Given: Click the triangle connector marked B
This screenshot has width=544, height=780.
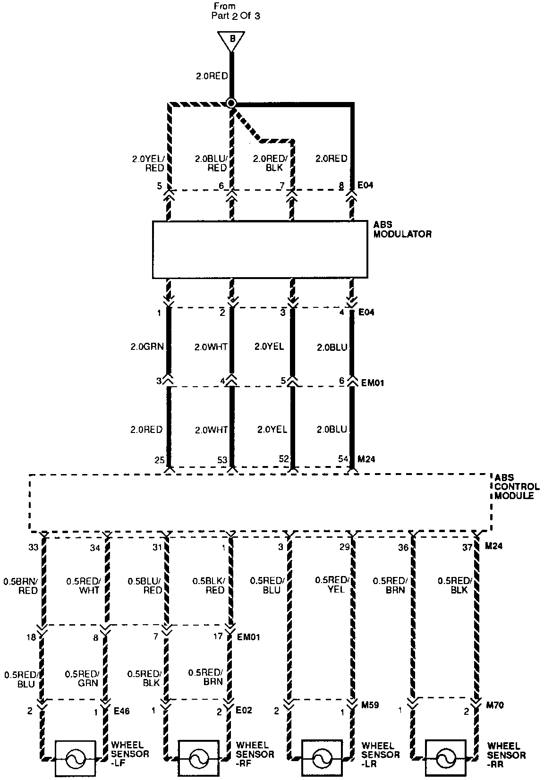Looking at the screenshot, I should pos(231,40).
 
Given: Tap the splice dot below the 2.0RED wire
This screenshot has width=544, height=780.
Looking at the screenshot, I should pos(231,103).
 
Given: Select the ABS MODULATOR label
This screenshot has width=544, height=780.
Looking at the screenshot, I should pos(402,229).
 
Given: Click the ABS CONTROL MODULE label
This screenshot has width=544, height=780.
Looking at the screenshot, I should pos(517,486).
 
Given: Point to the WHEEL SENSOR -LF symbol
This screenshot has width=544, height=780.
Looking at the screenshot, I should pos(76,759).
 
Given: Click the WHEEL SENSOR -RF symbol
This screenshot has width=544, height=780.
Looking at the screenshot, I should pos(198,759).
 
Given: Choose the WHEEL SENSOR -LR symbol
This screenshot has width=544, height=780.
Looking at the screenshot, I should pos(322,759).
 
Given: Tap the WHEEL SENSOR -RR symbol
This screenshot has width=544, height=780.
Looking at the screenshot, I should pos(445,759).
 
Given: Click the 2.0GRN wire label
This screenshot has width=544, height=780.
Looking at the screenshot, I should pos(147,347).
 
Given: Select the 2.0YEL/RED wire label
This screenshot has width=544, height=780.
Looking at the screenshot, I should pos(148,163).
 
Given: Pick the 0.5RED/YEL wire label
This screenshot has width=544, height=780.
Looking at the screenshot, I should pos(331,585).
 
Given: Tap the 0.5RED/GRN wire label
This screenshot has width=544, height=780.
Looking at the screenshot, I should pos(81,678).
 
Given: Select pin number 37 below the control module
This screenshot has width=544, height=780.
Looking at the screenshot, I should pos(467,548).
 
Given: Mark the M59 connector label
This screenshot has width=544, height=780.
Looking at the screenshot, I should pos(370,705).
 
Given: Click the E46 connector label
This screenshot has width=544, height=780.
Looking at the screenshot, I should pos(121,710).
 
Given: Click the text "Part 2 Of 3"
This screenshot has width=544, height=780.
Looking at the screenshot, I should pos(235,16).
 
